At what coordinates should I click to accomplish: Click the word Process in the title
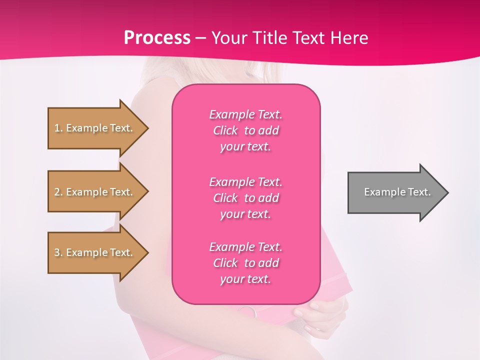tap(157, 38)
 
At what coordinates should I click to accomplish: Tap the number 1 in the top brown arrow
tap(57, 128)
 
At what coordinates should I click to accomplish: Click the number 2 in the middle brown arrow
tap(57, 192)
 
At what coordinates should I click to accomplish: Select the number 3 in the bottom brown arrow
tap(57, 252)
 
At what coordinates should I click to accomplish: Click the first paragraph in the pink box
tap(245, 130)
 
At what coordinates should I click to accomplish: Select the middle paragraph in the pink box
tap(245, 198)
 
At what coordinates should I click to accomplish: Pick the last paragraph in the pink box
tap(245, 263)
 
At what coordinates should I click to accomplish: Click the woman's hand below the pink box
tap(320, 320)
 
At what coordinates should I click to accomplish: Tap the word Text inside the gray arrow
tap(419, 192)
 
